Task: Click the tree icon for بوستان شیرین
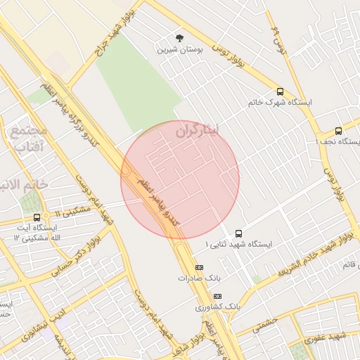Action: (179, 38)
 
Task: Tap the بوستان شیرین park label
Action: (179, 50)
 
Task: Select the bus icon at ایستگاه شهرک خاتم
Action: (281, 91)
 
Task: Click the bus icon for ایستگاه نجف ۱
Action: (338, 131)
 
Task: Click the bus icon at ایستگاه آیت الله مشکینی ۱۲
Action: (18, 218)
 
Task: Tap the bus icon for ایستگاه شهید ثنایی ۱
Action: (238, 233)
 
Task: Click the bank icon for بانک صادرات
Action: (199, 267)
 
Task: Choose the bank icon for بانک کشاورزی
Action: (217, 296)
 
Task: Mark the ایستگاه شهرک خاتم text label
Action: (280, 103)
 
